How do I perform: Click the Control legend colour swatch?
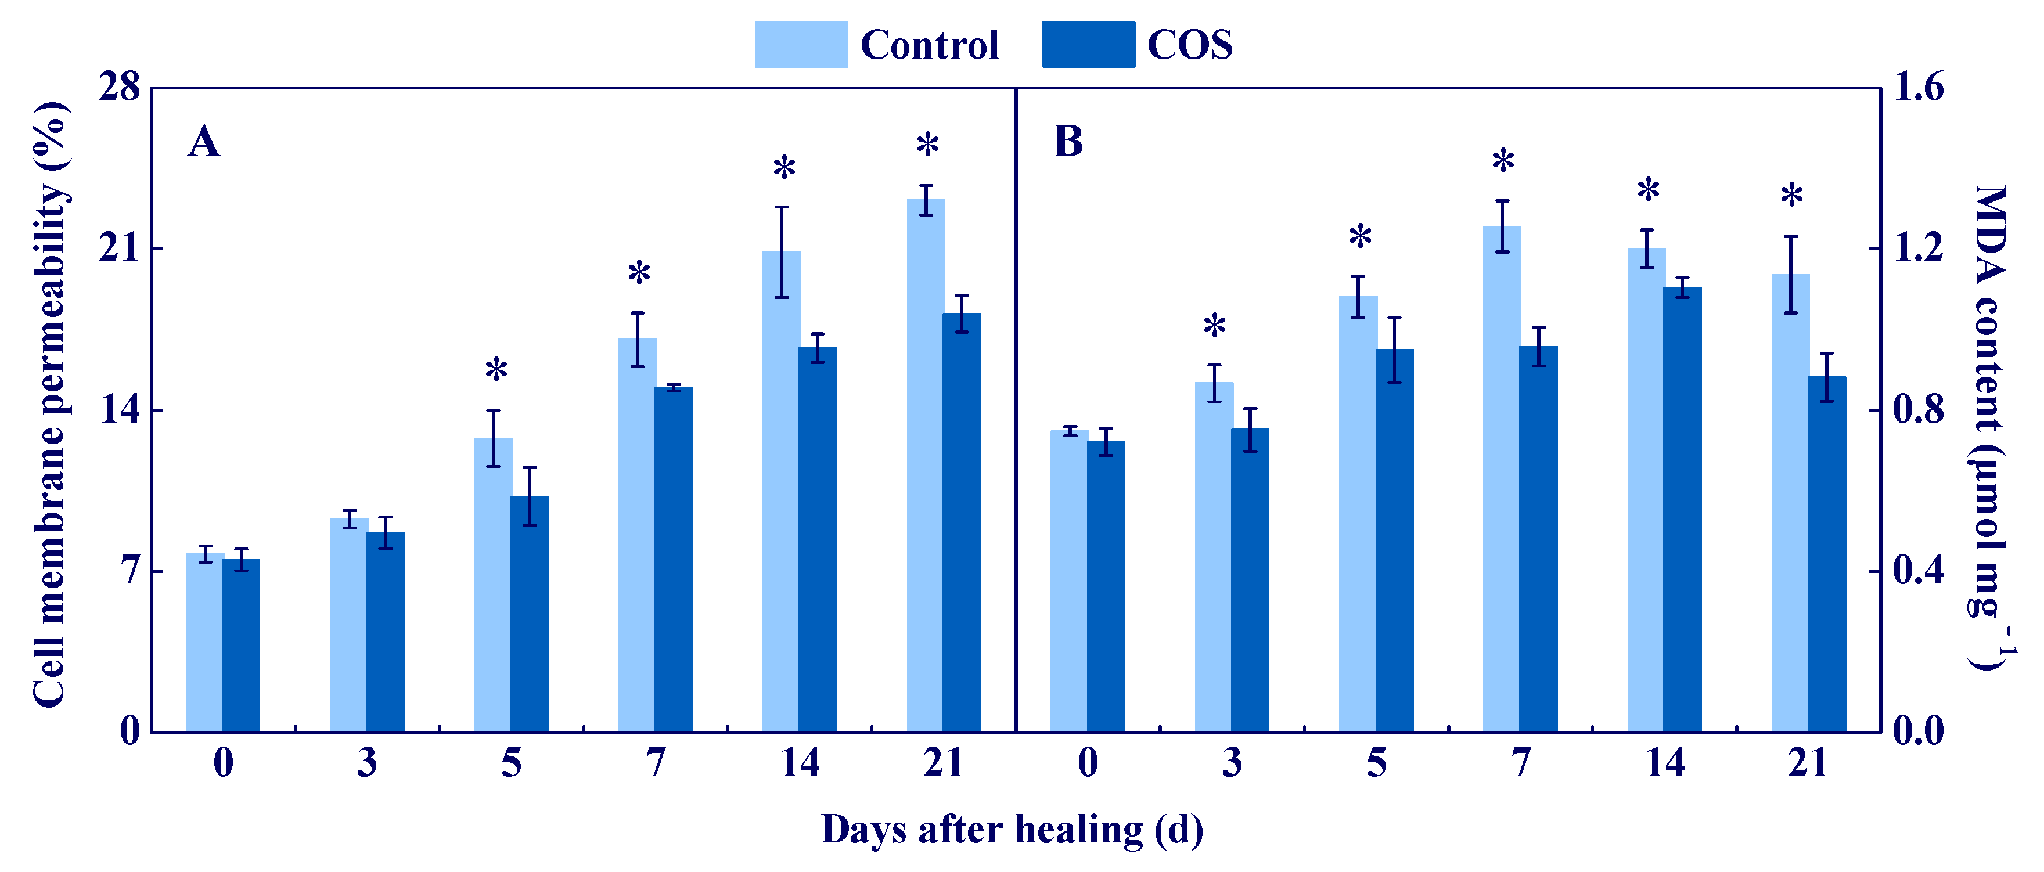click(801, 45)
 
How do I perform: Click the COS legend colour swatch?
click(1088, 45)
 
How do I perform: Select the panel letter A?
click(204, 142)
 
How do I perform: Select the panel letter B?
click(1068, 142)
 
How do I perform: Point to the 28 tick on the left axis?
click(119, 87)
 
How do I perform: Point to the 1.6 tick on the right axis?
click(1919, 87)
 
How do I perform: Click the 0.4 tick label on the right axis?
click(1919, 571)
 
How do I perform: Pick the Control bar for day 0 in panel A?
click(205, 642)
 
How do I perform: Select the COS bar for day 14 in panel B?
click(1682, 508)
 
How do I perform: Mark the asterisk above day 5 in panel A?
click(496, 370)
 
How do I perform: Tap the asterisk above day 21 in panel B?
click(1791, 195)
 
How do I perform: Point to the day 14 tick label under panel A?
click(799, 762)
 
